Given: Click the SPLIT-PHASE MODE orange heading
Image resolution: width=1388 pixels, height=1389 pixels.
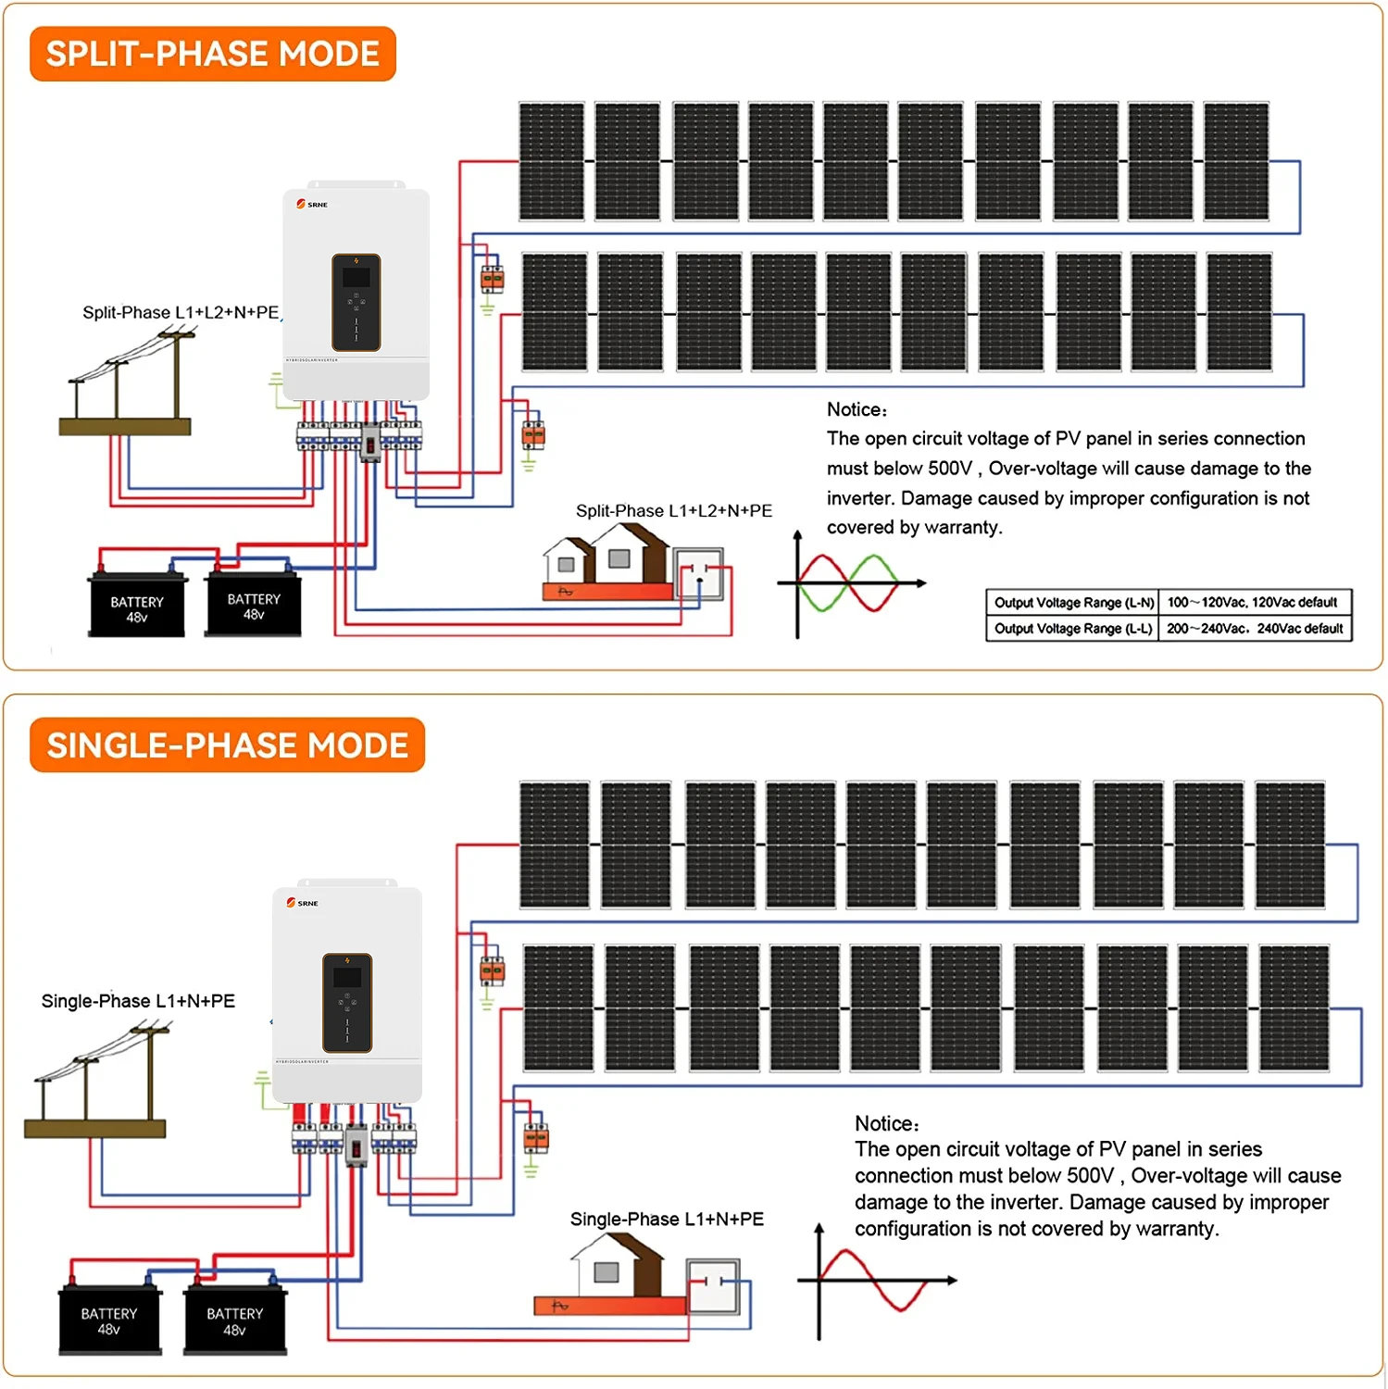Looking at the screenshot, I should [x=212, y=54].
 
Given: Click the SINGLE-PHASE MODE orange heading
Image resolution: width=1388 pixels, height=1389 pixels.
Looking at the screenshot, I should [x=227, y=745].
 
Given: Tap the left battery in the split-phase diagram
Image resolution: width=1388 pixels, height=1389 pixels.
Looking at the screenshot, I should [x=137, y=607].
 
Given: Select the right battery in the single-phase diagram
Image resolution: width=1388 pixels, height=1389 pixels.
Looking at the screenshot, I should [x=235, y=1320].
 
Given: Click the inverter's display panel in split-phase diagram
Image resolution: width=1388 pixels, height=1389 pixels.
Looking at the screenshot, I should [x=356, y=302].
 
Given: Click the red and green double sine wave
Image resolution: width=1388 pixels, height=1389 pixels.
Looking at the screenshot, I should [x=849, y=583].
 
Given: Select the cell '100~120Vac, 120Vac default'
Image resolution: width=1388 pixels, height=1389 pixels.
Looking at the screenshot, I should [x=1253, y=602].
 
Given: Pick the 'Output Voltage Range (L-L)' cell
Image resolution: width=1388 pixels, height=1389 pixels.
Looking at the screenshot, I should [x=1073, y=629].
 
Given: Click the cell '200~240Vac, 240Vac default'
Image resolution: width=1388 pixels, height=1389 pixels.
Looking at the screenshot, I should [x=1254, y=629].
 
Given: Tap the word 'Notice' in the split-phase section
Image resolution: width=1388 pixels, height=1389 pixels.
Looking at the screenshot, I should [x=856, y=409].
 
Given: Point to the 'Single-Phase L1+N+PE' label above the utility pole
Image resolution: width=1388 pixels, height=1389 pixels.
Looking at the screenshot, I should [x=138, y=1001].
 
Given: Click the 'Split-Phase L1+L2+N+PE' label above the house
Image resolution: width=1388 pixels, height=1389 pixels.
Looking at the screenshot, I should [x=673, y=511].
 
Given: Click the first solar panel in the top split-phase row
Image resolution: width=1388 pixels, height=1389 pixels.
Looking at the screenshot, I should [x=552, y=161].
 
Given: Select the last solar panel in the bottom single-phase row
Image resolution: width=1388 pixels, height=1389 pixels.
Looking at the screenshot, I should [x=1294, y=1007].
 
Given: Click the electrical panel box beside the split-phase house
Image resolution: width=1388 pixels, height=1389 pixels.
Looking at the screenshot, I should [x=699, y=574].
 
